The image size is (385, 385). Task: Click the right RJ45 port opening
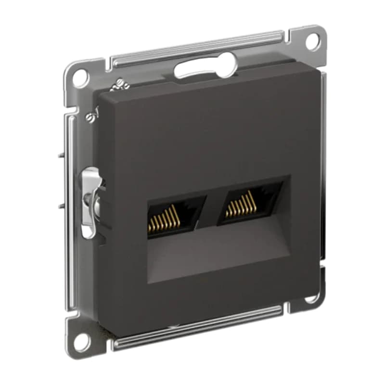pos(248,202)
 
